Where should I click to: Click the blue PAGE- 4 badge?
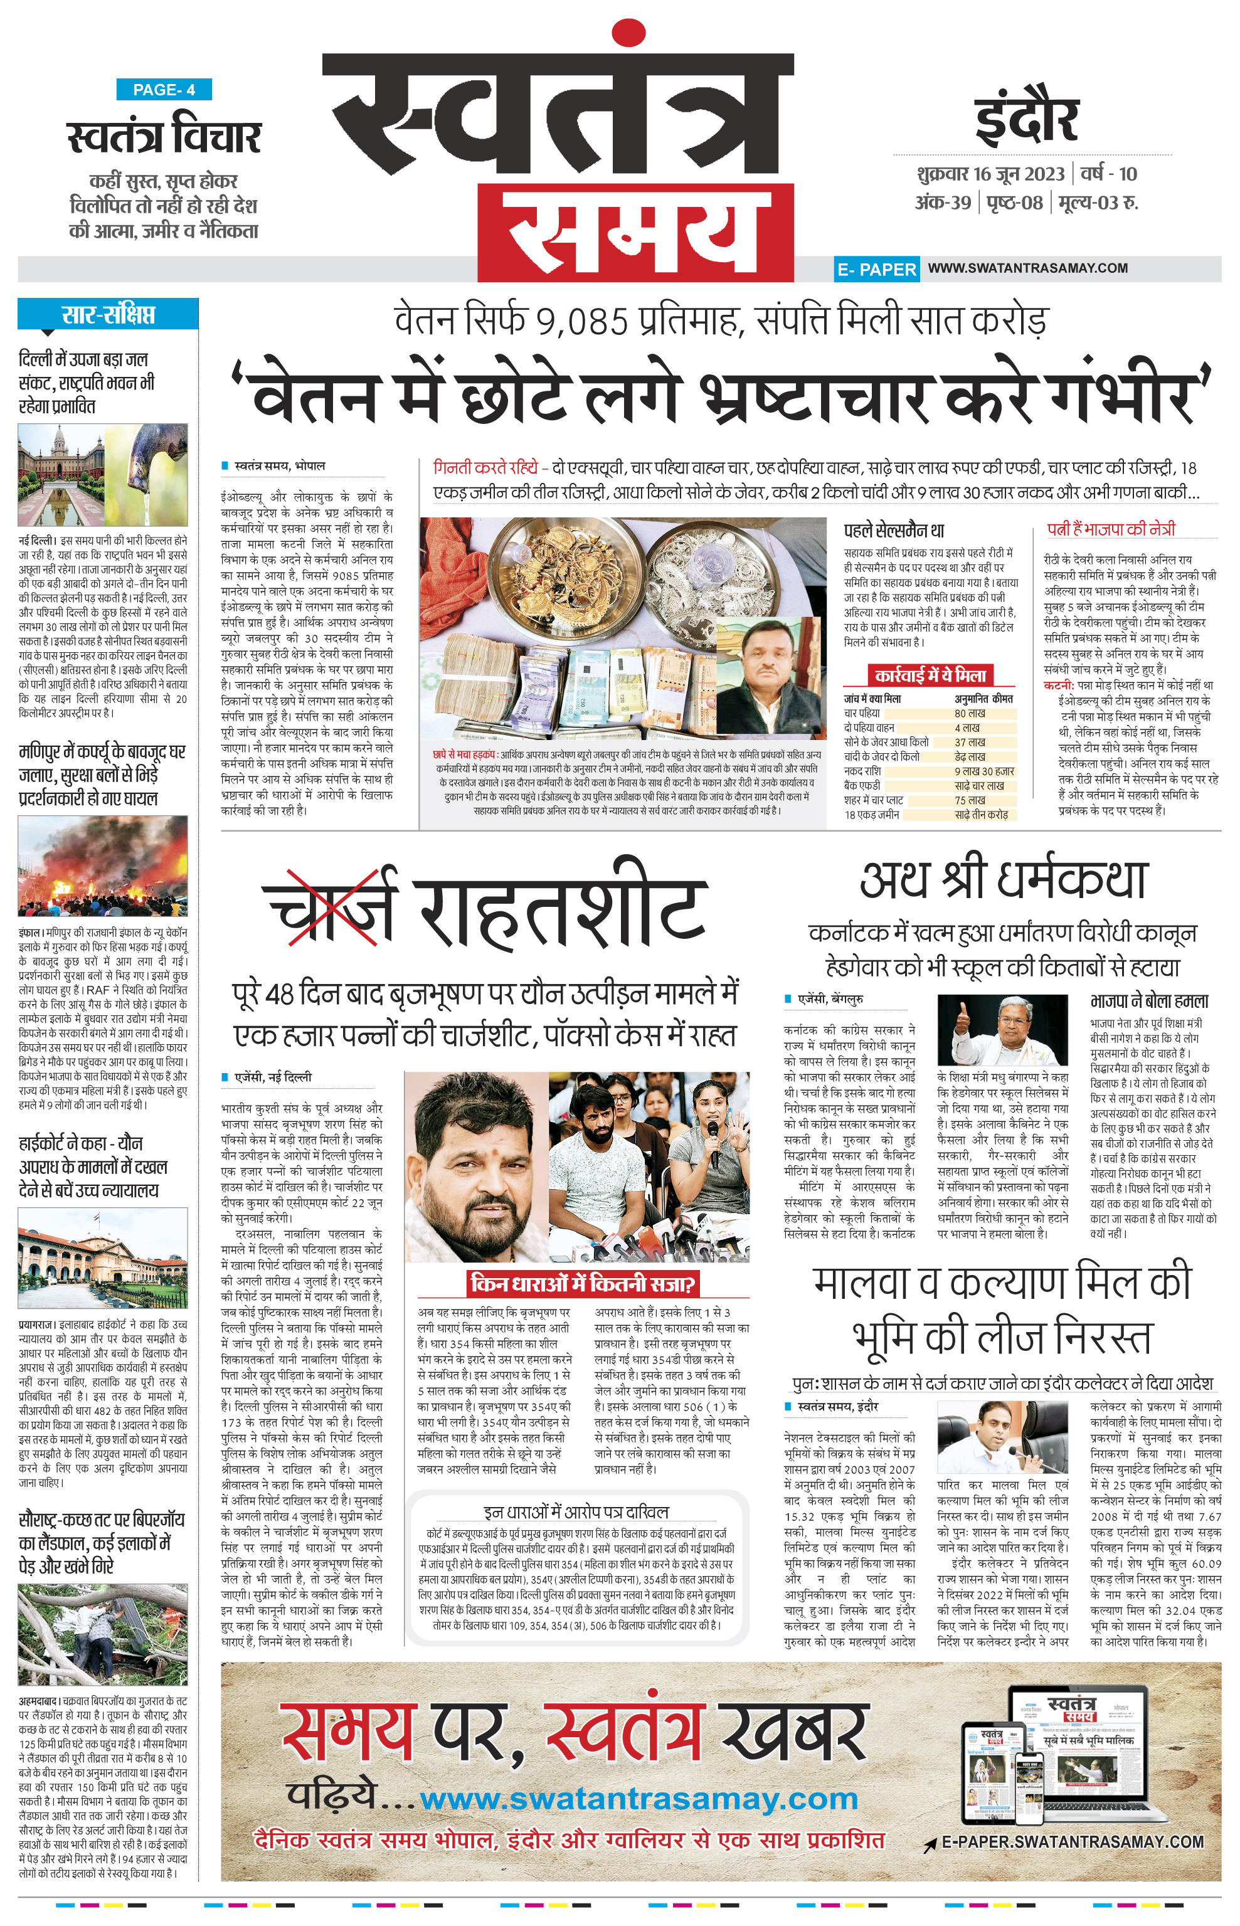coord(164,90)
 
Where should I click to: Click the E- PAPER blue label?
coord(876,269)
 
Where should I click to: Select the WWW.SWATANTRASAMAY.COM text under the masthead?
coord(1027,268)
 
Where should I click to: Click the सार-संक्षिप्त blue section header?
coord(108,314)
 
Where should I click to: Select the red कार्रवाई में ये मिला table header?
coord(930,675)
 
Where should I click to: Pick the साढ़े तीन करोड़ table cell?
coord(981,815)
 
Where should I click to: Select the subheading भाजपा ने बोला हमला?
coord(1149,1001)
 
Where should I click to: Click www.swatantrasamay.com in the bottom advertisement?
coord(639,1799)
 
